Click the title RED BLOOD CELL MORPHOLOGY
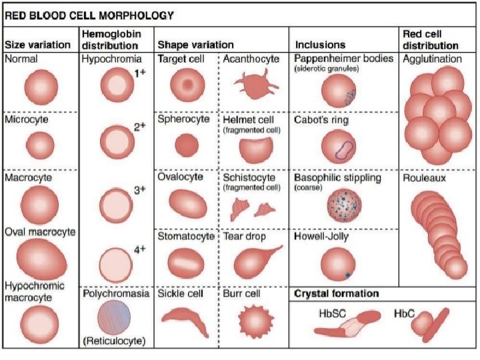click(90, 14)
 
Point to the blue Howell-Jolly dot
click(348, 274)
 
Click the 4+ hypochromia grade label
click(139, 249)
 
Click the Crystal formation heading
click(337, 293)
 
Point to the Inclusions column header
click(320, 45)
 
